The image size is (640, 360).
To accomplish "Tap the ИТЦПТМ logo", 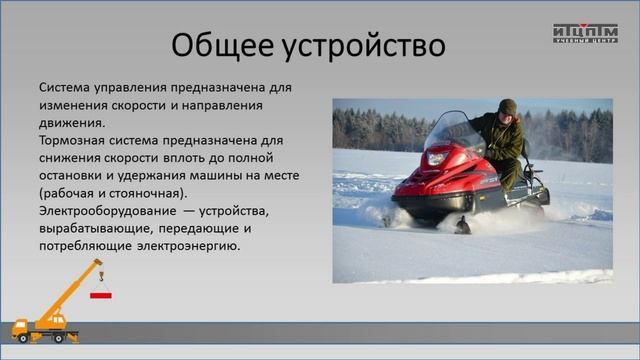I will tap(585, 33).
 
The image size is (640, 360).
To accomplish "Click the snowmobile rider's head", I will tap(507, 106).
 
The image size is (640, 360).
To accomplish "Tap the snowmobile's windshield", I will tap(455, 131).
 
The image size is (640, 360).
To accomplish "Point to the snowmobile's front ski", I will tap(461, 225).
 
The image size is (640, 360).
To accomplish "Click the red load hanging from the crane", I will tap(101, 295).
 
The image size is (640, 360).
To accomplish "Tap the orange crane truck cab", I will tap(23, 326).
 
